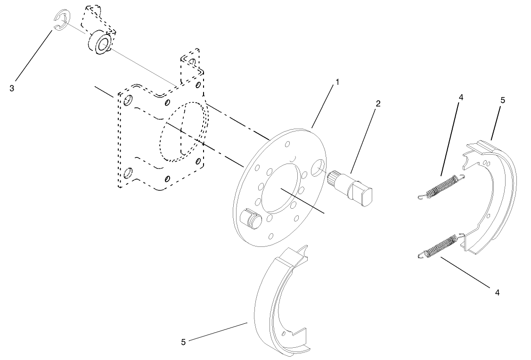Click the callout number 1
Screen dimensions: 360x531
(337, 82)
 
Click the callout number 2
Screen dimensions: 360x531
(377, 103)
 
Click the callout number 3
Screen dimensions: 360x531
(12, 88)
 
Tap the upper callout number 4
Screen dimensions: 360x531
(461, 98)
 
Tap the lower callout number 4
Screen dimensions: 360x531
(497, 293)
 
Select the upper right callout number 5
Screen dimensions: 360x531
(502, 100)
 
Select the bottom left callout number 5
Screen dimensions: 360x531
(183, 342)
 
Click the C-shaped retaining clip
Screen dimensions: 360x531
(60, 22)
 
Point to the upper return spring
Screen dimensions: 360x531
(442, 187)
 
